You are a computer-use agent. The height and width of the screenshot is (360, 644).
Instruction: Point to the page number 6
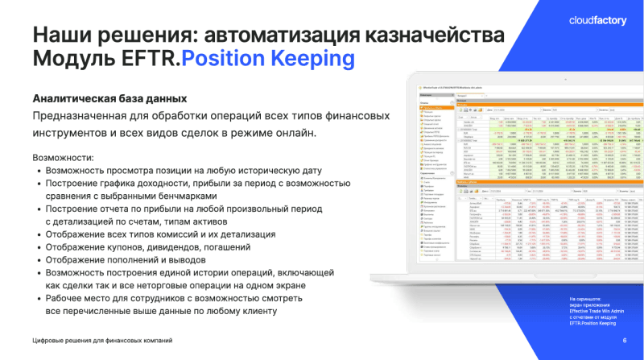coord(625,340)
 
